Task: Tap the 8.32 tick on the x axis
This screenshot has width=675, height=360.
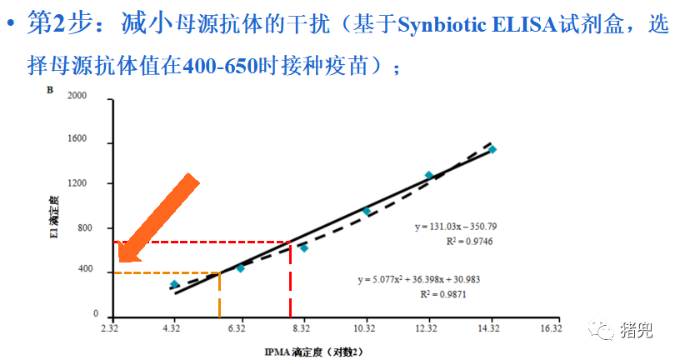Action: tap(301, 330)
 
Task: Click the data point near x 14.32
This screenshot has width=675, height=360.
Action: tap(492, 149)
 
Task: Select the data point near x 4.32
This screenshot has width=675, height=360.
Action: tap(174, 284)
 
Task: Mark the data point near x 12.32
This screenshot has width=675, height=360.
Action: tap(429, 175)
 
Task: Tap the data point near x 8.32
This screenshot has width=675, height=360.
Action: tap(304, 247)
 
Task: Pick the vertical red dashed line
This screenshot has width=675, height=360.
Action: tap(290, 279)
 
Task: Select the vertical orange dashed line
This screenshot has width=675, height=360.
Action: tap(219, 294)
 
